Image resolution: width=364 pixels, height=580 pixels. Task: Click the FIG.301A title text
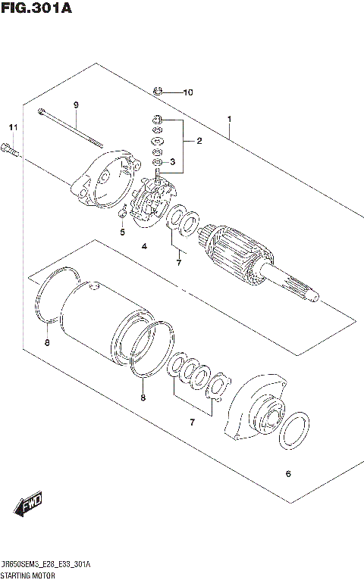pyautogui.click(x=32, y=9)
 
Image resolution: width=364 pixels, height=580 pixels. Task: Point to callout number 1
pyautogui.click(x=228, y=119)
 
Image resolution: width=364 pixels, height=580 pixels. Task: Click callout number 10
pyautogui.click(x=187, y=93)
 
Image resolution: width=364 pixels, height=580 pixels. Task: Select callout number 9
pyautogui.click(x=76, y=104)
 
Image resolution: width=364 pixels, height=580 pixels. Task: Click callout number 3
pyautogui.click(x=172, y=161)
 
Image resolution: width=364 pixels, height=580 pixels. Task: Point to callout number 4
pyautogui.click(x=143, y=247)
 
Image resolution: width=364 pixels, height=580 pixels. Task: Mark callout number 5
pyautogui.click(x=121, y=232)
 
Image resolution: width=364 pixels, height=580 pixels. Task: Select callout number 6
pyautogui.click(x=287, y=475)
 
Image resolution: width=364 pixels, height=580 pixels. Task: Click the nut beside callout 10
pyautogui.click(x=158, y=92)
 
